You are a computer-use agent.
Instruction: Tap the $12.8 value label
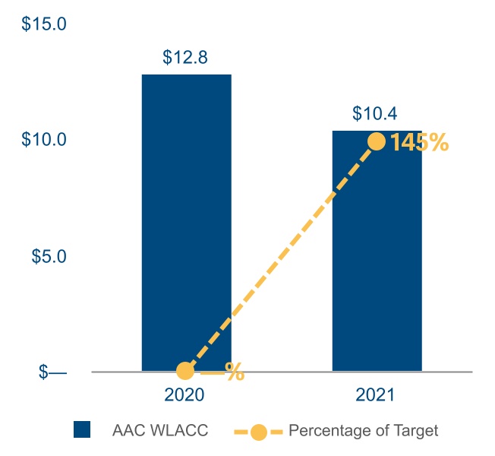(185, 57)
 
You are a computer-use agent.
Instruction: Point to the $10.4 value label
(375, 113)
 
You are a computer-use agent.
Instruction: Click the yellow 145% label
(419, 142)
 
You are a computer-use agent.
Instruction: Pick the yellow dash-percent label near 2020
(222, 372)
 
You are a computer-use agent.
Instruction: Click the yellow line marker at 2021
(376, 141)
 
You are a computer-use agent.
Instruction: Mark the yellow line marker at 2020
(185, 371)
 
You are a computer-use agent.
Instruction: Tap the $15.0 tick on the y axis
(44, 24)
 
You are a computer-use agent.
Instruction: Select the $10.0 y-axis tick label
(44, 140)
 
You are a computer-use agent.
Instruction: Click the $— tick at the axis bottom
(52, 372)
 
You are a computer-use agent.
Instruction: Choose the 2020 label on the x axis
(185, 395)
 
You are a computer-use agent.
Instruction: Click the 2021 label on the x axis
(376, 395)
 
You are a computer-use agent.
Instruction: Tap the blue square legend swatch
(82, 430)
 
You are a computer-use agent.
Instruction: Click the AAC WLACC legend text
(159, 430)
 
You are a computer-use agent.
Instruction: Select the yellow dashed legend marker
(259, 431)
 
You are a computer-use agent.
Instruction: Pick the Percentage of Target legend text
(364, 430)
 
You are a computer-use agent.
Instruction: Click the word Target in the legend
(416, 430)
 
